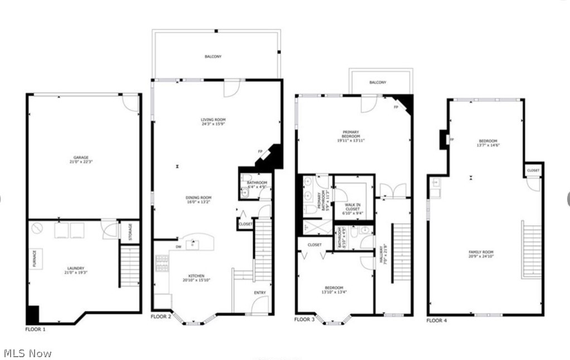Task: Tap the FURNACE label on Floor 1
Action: [x=34, y=259]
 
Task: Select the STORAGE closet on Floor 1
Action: [x=130, y=231]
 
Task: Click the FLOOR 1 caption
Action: [x=36, y=329]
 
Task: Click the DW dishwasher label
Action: [x=178, y=246]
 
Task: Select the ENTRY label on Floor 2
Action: [x=260, y=293]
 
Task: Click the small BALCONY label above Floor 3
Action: [x=378, y=82]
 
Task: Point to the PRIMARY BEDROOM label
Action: [x=351, y=134]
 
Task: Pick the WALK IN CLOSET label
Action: [x=352, y=209]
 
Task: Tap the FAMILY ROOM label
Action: [x=481, y=255]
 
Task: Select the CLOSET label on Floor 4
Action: [x=533, y=171]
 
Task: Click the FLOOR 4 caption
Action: [x=437, y=320]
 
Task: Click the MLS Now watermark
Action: [x=28, y=353]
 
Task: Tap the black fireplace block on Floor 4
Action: [x=443, y=139]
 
